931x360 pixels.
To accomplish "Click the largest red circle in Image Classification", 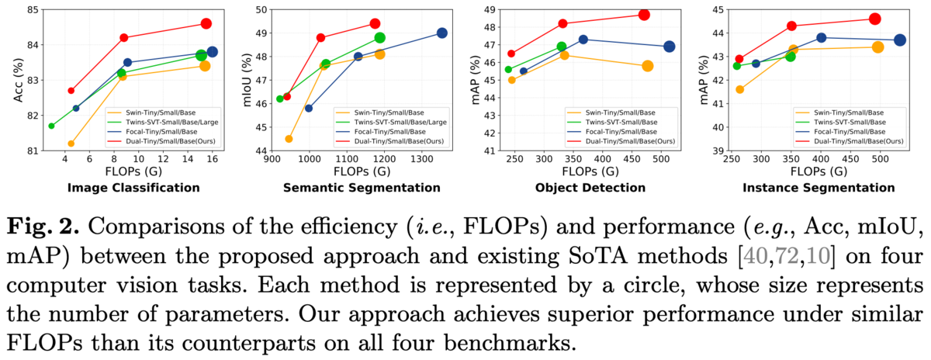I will pyautogui.click(x=206, y=23).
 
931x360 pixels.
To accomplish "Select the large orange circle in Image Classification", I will pyautogui.click(x=205, y=66).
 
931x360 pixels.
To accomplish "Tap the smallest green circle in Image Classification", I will pyautogui.click(x=51, y=126).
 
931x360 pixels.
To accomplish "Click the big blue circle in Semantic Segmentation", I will pyautogui.click(x=441, y=33).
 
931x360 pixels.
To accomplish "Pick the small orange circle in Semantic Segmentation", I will pyautogui.click(x=289, y=139).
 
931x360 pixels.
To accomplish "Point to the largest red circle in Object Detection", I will pyautogui.click(x=644, y=15).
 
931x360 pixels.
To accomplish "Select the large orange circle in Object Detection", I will pyautogui.click(x=647, y=66).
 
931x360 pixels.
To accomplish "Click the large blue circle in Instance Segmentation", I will pyautogui.click(x=899, y=40).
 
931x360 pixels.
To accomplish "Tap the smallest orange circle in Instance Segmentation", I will pyautogui.click(x=739, y=89).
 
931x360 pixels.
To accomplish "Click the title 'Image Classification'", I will pyautogui.click(x=133, y=188).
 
